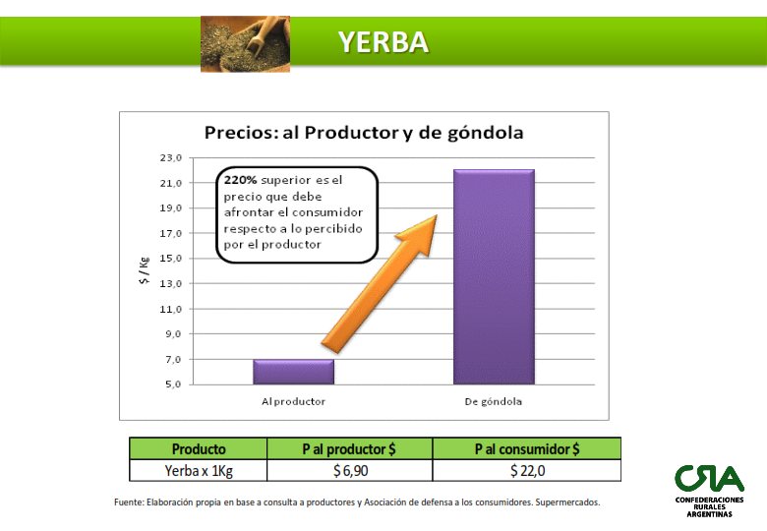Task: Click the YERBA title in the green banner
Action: click(383, 41)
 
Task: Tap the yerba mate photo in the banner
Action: click(245, 44)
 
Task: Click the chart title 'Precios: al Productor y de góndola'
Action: click(364, 133)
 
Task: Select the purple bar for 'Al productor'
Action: click(293, 372)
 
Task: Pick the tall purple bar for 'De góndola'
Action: click(494, 276)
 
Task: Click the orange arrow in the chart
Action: click(380, 284)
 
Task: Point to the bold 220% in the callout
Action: click(240, 180)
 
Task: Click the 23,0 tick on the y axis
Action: click(171, 158)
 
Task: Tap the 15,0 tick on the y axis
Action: click(171, 259)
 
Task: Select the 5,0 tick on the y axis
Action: click(173, 384)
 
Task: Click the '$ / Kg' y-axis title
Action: click(144, 270)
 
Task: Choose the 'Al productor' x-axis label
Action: click(293, 401)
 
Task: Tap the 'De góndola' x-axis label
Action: click(493, 402)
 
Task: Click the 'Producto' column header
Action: click(199, 448)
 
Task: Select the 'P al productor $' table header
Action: click(349, 448)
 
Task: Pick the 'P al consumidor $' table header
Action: click(527, 448)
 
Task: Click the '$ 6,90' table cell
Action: click(350, 470)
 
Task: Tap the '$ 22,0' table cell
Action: click(527, 470)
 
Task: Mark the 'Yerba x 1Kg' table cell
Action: click(199, 470)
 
